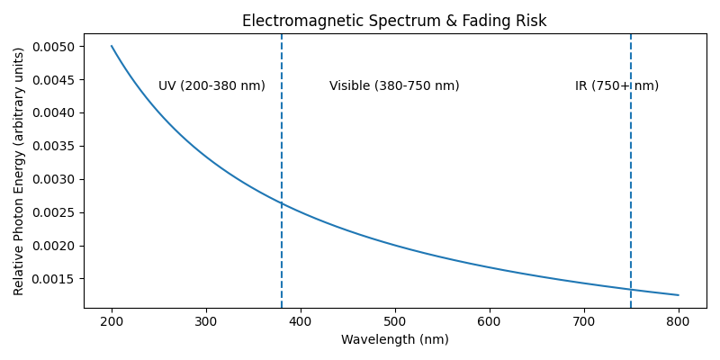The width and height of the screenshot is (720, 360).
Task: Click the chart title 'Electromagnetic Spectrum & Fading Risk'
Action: point(394,21)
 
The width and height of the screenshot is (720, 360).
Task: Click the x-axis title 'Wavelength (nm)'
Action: point(394,339)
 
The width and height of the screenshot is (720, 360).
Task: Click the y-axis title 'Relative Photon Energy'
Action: point(19,171)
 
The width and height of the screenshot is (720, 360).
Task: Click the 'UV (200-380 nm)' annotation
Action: point(211,86)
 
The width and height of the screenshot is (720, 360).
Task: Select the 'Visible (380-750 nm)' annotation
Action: point(394,86)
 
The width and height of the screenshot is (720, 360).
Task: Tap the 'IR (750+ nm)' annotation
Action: point(616,86)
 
